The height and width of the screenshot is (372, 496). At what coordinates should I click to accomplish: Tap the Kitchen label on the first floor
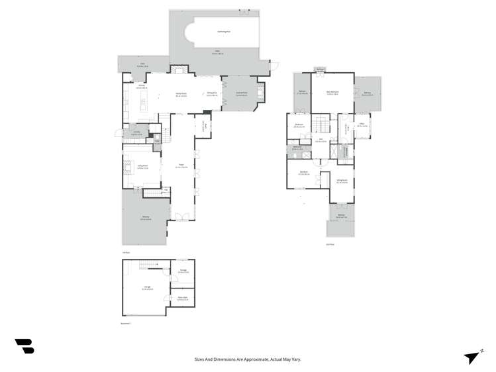pos(141,87)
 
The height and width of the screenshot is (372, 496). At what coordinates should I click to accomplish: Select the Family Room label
pos(180,94)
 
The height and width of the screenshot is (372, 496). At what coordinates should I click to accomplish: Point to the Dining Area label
pos(212,94)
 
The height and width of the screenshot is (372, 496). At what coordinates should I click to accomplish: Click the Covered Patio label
pos(242,94)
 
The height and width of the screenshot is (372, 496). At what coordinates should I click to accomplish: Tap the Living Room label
pos(142,167)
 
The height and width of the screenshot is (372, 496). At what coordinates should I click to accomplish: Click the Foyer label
pos(180,167)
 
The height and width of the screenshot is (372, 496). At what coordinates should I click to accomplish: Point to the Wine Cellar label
pos(183,300)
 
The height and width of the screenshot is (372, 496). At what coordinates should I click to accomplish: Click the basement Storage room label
pos(183,271)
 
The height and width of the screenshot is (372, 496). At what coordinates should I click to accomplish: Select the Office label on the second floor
pos(362,125)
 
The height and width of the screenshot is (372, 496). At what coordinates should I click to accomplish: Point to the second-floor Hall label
pos(321,140)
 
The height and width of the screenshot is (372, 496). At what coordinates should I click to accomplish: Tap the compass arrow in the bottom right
pos(472,357)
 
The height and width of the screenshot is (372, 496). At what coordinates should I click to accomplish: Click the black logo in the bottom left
pos(25,346)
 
